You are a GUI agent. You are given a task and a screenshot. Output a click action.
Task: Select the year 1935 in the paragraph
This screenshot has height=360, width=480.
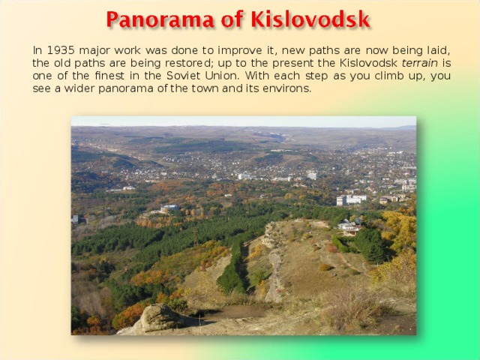coord(59,50)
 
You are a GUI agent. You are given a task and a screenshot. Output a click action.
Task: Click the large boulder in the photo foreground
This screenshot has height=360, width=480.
coord(154,319)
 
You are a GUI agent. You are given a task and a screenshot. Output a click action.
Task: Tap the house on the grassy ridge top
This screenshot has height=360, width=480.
coord(348,226)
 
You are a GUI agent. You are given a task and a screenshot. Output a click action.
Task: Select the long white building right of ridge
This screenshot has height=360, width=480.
coord(351,199)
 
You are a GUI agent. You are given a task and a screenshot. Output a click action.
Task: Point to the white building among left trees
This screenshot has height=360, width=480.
coord(169,208)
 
